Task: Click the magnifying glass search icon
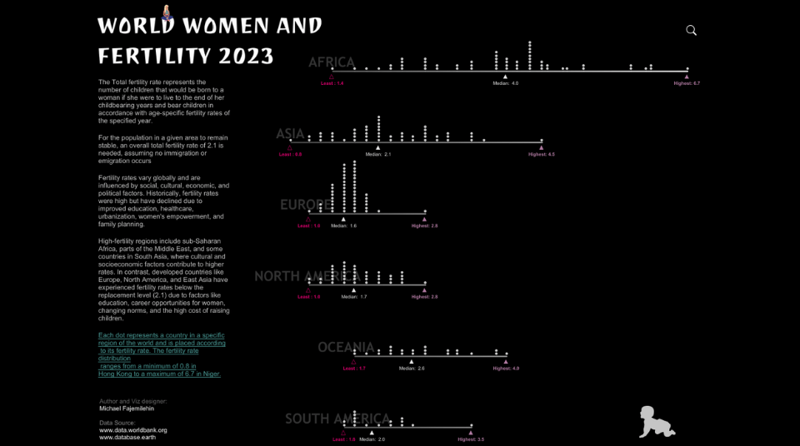[x=691, y=30]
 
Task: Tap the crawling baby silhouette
[x=657, y=423]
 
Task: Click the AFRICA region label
[x=332, y=62]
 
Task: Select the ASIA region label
[x=291, y=134]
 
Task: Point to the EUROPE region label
[x=307, y=205]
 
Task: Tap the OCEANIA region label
[x=346, y=347]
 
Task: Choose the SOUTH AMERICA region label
[x=337, y=419]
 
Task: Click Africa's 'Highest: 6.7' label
[x=687, y=83]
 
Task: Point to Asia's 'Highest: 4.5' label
[x=541, y=154]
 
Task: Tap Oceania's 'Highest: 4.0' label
[x=505, y=368]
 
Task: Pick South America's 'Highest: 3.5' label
[x=471, y=439]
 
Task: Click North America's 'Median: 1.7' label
[x=353, y=296]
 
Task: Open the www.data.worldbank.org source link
[x=133, y=430]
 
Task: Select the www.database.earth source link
[x=127, y=437]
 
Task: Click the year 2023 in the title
[x=246, y=56]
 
